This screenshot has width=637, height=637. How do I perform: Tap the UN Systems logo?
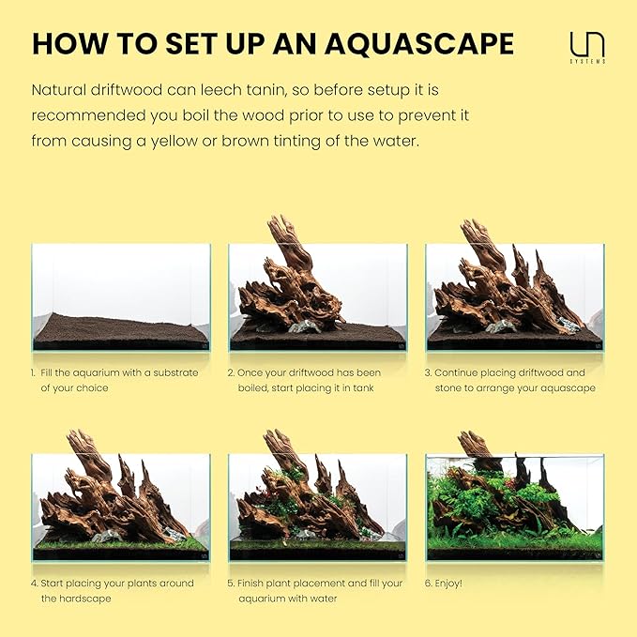click(x=587, y=46)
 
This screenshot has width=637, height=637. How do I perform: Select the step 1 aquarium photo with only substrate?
click(x=121, y=297)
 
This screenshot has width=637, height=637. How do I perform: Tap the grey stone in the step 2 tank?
click(x=302, y=326)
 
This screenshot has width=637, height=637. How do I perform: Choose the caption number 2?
click(x=231, y=372)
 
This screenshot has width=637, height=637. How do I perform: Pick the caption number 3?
click(x=428, y=372)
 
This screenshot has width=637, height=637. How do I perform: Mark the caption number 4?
click(x=33, y=583)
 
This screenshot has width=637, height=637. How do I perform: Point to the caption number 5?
click(x=231, y=583)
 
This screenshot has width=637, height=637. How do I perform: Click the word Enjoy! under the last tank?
click(x=449, y=583)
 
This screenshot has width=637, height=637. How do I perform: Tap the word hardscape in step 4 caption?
click(x=85, y=598)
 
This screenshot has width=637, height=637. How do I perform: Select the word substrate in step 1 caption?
click(x=174, y=372)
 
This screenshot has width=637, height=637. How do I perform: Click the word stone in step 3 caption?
click(x=450, y=387)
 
